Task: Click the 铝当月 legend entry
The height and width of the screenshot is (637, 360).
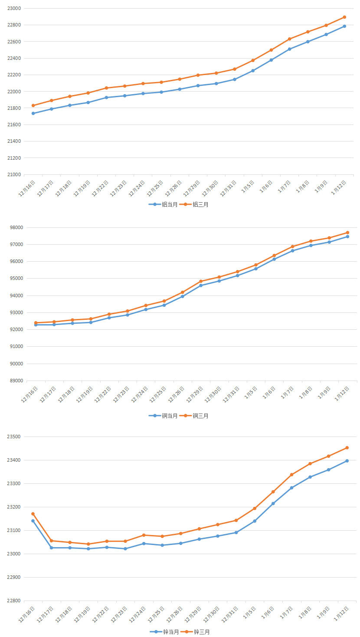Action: point(163,204)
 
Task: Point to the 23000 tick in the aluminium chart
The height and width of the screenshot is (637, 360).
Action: point(14,9)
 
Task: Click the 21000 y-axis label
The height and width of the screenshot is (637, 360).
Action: point(14,174)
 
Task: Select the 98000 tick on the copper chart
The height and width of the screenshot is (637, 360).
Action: point(14,227)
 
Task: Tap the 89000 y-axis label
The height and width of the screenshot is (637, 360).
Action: point(14,381)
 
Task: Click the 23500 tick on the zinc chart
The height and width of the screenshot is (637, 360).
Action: point(14,437)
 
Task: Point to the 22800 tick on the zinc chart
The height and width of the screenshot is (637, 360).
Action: point(14,601)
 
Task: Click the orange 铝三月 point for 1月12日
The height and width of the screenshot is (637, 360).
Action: point(344,17)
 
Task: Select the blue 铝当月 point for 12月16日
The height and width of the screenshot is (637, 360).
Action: point(33,113)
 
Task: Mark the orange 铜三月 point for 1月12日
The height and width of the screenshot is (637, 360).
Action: point(347,233)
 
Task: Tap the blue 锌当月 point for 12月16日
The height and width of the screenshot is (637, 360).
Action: point(33,521)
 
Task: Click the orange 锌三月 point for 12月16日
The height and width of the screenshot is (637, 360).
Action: point(33,514)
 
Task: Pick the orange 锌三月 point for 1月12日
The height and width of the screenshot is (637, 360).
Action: point(347,448)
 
